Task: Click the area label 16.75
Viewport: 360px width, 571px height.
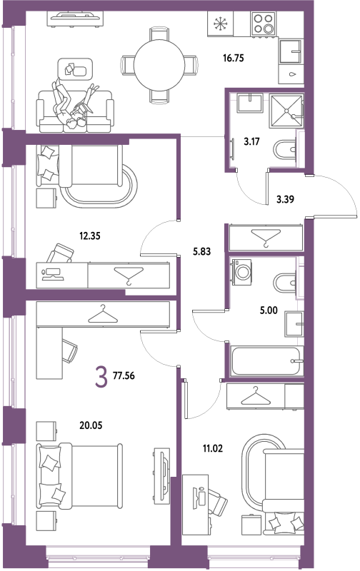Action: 233,58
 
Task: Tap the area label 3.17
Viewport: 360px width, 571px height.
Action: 251,141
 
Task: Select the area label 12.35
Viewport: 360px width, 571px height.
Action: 90,236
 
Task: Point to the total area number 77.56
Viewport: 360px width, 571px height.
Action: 124,376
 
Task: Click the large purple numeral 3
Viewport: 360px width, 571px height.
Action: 101,377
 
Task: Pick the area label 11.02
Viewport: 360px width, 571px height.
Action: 213,449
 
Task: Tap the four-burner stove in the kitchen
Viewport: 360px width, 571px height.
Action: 263,24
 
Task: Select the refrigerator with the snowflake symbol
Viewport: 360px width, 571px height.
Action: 220,24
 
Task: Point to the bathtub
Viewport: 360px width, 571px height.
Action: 267,361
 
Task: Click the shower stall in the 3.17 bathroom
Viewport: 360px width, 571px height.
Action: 286,111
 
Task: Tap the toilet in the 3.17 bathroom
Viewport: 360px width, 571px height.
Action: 284,150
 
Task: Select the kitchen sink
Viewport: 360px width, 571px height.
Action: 291,51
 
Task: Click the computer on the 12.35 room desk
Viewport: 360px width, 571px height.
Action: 53,274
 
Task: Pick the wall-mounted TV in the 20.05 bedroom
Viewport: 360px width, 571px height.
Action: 161,476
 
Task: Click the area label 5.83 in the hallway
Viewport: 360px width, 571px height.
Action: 202,252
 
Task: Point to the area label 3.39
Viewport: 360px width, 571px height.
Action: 285,200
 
